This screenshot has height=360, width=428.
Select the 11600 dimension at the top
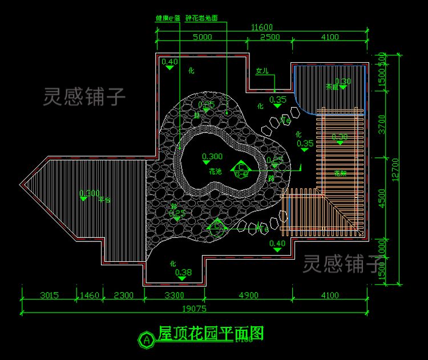262,27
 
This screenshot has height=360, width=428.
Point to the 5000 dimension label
202,37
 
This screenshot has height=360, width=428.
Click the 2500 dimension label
270,37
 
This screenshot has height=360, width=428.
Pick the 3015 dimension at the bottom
50,295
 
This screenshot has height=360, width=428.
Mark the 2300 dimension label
123,295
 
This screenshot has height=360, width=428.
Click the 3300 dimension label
174,295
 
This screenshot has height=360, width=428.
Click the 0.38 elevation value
183,272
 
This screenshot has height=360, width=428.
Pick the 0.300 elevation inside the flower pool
212,156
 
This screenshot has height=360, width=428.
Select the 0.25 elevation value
177,213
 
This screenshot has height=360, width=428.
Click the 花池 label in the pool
215,171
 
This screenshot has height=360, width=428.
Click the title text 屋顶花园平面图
211,333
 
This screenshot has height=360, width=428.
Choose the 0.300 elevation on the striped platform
90,193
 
